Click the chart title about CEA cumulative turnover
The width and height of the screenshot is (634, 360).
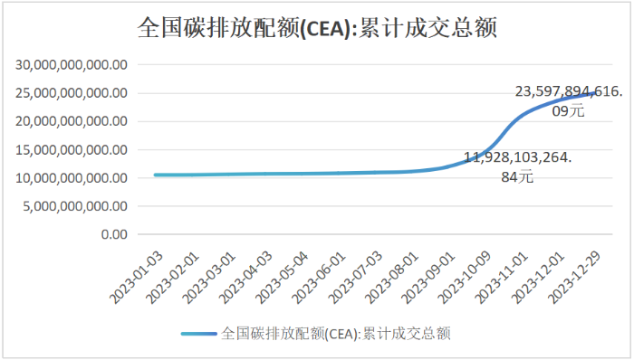coord(317,28)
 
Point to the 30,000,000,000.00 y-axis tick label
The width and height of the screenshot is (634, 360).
coord(71,65)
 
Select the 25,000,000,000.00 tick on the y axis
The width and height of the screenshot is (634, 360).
coord(71,93)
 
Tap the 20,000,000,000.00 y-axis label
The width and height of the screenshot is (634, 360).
coord(71,121)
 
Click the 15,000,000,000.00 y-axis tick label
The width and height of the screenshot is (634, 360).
coord(71,149)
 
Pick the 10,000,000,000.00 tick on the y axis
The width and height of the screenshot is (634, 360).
coord(71,178)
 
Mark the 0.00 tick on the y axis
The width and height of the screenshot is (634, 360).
coord(110,234)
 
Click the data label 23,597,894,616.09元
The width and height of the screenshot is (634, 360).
coord(568,100)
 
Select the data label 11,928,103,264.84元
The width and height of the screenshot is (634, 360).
coord(518,166)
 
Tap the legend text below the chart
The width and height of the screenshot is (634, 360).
coord(336,333)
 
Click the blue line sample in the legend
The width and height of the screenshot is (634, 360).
coord(198,333)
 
